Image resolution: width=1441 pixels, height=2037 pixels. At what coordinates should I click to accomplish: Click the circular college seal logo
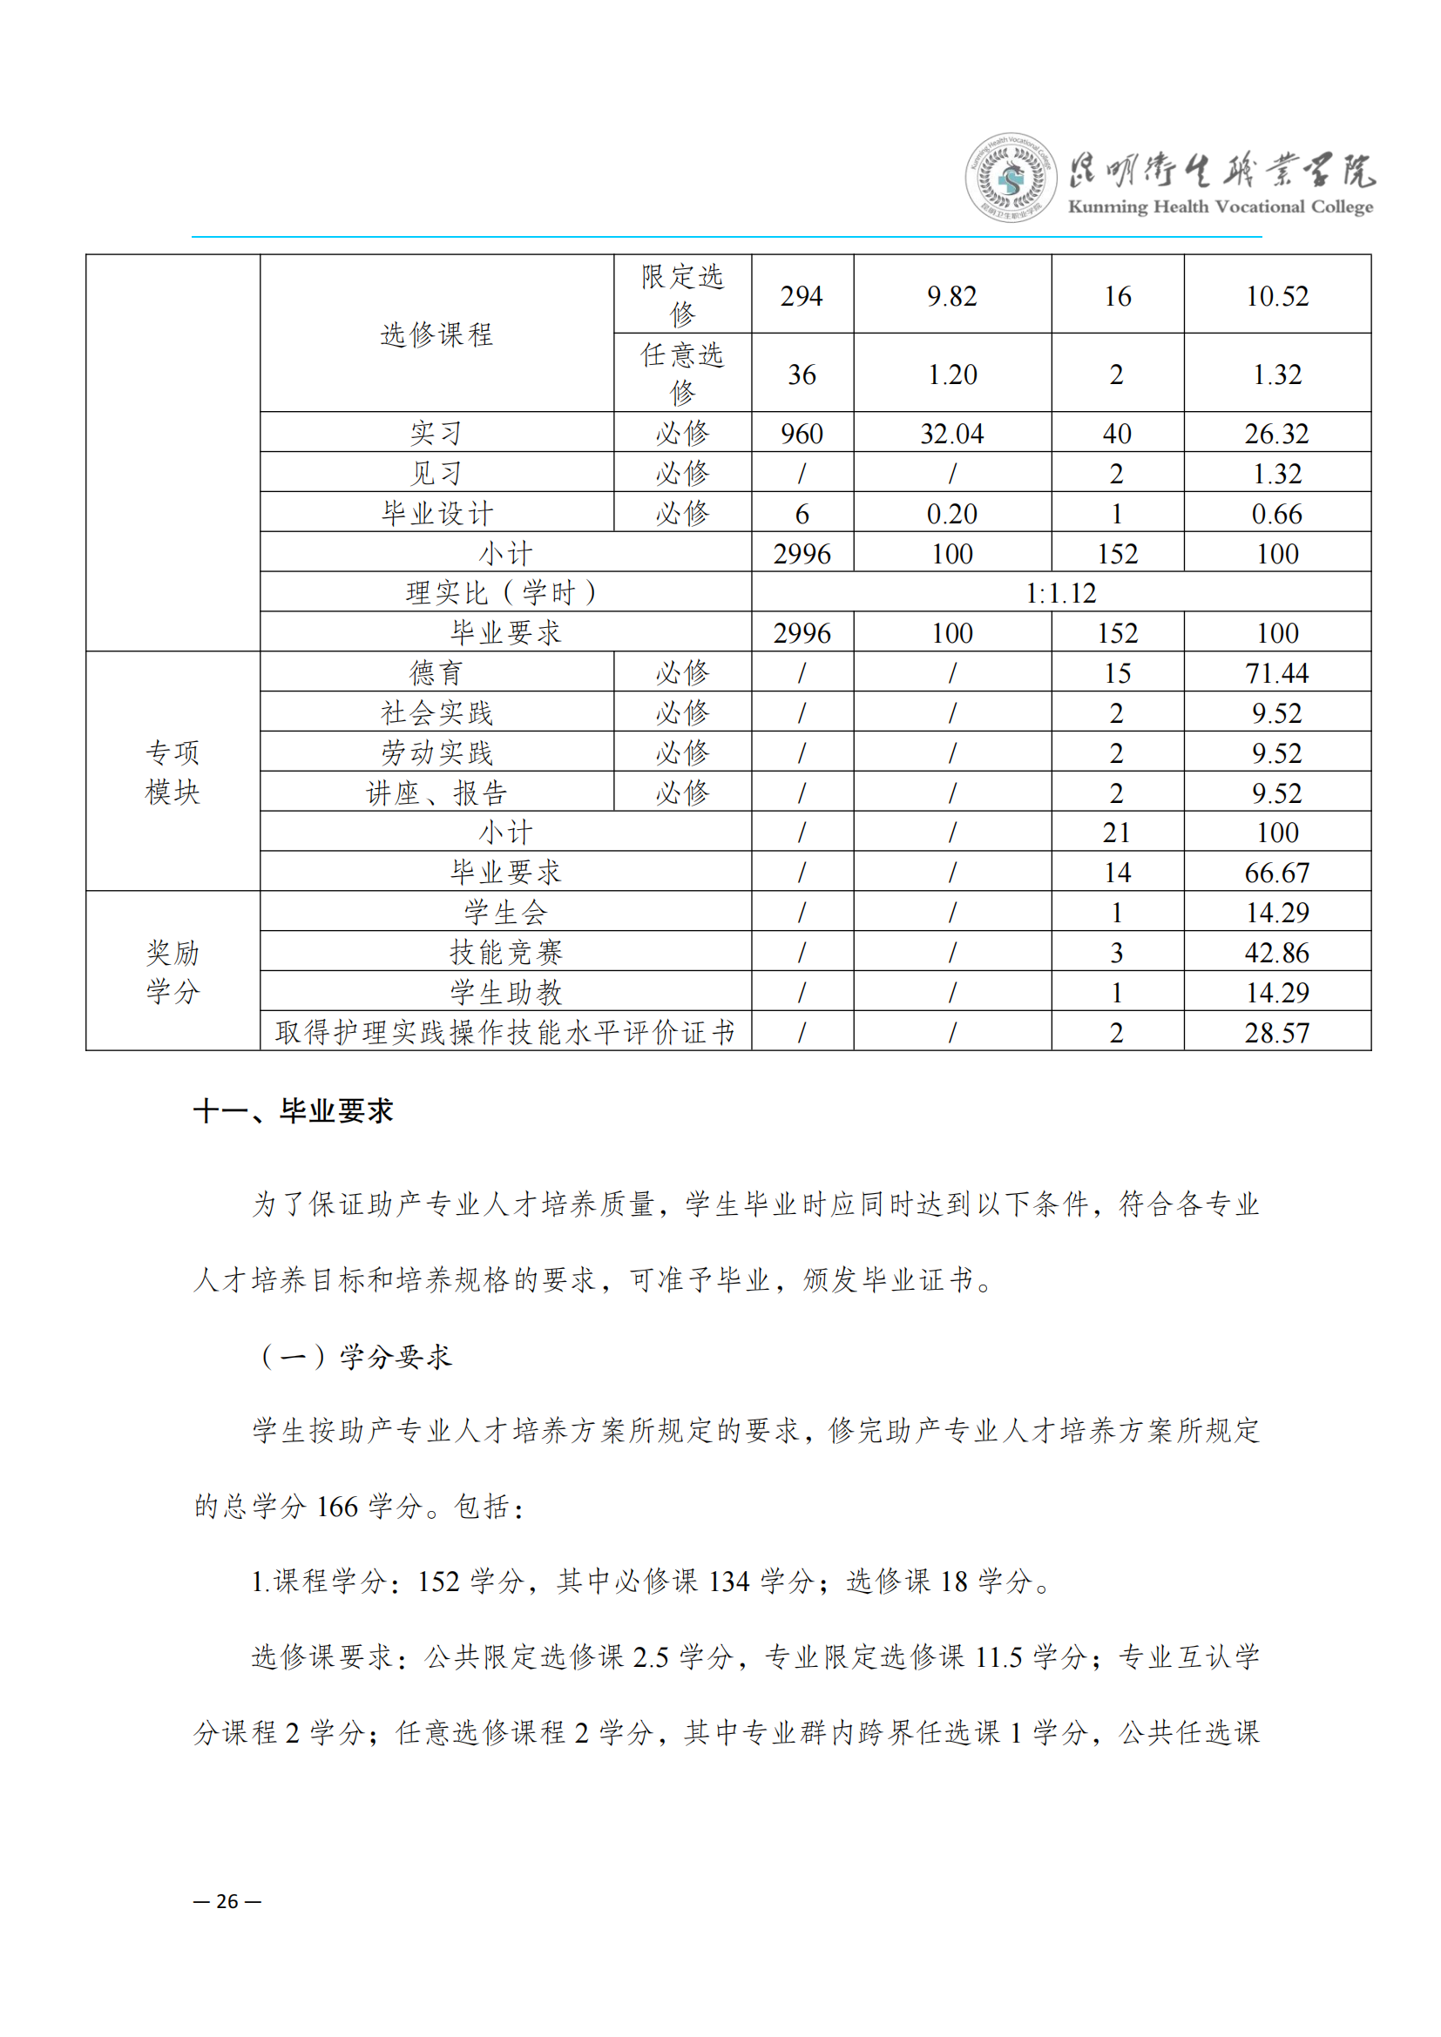pos(1011,178)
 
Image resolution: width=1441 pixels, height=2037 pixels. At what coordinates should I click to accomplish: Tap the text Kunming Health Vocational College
pos(1220,206)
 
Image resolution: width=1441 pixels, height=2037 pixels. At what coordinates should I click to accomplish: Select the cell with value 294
pos(802,296)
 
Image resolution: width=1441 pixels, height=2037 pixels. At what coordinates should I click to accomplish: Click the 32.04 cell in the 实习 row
pos(951,434)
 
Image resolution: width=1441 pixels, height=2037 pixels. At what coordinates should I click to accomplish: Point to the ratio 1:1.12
pos(1060,593)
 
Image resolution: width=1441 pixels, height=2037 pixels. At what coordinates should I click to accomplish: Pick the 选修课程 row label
pos(436,334)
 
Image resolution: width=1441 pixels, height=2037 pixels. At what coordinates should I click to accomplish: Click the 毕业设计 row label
pos(436,514)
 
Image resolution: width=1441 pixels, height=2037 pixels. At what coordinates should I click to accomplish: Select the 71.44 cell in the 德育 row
pos(1276,673)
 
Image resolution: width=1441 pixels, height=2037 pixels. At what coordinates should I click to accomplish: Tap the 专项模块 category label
pos(173,772)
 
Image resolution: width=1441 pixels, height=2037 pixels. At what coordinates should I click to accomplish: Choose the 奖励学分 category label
pos(173,973)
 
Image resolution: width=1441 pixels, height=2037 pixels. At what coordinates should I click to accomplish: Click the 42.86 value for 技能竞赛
pos(1276,953)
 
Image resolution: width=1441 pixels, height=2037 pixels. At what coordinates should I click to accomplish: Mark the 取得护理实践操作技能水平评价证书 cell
pos(505,1033)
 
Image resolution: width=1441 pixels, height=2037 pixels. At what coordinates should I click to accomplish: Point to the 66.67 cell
pos(1276,873)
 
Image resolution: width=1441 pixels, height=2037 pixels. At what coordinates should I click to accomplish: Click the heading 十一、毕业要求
pos(293,1110)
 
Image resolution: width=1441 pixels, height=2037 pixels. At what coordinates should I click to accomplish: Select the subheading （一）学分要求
pos(354,1357)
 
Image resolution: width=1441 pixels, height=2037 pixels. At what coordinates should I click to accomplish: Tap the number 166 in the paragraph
pos(337,1508)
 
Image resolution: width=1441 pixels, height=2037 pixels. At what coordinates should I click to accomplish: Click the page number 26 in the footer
pos(227,1901)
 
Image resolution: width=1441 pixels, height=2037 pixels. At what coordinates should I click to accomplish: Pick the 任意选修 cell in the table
pos(681,374)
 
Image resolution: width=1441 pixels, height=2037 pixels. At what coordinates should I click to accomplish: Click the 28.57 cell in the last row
pos(1276,1033)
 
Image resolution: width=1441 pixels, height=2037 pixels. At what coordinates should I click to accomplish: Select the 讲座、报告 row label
pos(436,793)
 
